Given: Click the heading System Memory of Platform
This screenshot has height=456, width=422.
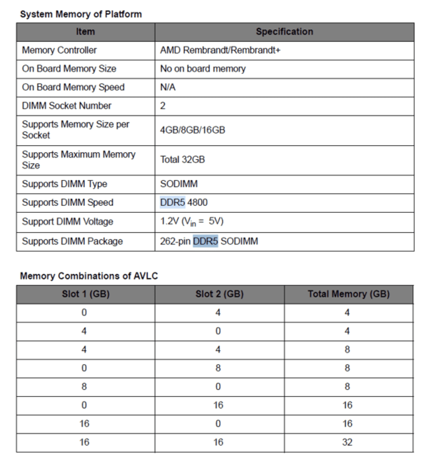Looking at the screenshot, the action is [81, 14].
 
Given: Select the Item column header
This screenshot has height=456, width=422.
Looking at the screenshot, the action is [85, 32].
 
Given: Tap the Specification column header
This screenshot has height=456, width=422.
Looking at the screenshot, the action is [284, 32].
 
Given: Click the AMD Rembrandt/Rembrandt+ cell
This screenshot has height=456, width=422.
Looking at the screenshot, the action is [220, 50].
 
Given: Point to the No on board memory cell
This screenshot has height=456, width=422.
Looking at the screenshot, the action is [203, 69].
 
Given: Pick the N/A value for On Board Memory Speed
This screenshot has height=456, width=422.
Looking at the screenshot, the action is [168, 88].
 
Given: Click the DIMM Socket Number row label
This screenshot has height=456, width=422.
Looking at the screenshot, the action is [67, 106].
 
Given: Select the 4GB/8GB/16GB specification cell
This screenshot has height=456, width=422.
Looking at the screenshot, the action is [192, 130].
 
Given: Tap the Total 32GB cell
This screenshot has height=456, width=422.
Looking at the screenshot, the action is [182, 160].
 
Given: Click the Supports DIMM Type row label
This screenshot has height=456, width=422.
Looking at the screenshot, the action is [64, 184].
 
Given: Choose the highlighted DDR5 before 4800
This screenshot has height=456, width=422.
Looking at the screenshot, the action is [173, 202].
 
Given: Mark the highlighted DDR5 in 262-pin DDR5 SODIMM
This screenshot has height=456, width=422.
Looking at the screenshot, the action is [206, 241].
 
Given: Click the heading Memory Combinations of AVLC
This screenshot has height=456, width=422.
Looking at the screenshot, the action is [89, 276].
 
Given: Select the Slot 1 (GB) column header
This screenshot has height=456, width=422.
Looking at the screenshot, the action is [86, 294].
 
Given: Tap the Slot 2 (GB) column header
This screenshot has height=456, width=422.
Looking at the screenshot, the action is [219, 294].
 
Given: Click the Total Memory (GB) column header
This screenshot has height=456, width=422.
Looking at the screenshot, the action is [348, 294].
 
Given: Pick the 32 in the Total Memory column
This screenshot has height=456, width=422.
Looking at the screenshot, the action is [347, 442].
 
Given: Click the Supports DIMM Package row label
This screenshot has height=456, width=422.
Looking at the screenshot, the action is [72, 241].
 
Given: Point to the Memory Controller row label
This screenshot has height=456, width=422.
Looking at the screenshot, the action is [59, 50].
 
